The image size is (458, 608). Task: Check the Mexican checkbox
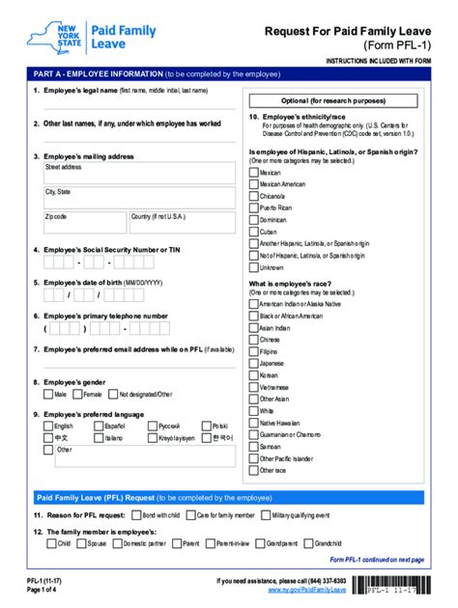click(253, 171)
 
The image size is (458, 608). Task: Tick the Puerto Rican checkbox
click(253, 207)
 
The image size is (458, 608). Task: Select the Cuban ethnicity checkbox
click(253, 232)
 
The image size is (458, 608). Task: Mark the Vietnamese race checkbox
click(253, 386)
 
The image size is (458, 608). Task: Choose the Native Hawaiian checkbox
click(253, 422)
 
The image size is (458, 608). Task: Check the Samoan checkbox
click(253, 446)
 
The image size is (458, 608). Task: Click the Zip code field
click(84, 223)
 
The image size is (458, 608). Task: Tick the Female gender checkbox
click(76, 394)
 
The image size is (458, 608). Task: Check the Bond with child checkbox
click(135, 515)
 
